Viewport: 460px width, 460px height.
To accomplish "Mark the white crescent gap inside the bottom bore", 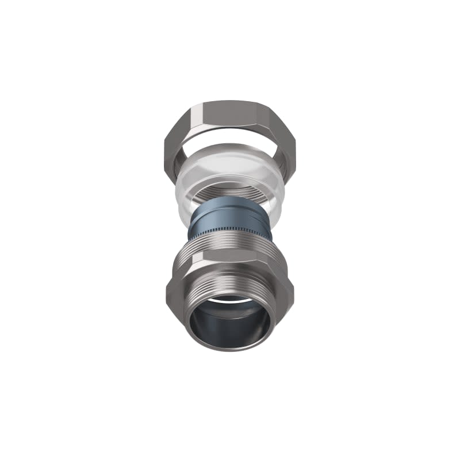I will click(x=230, y=300).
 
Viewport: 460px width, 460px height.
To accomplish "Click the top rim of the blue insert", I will click(x=227, y=201).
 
